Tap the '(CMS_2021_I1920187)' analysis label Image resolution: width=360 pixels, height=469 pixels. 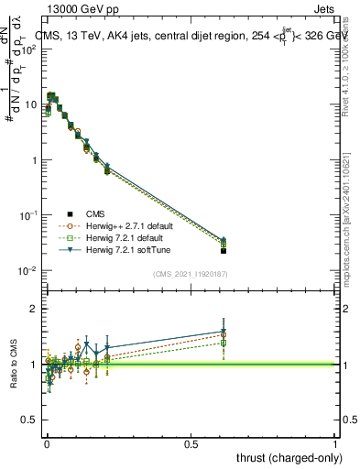click(x=190, y=274)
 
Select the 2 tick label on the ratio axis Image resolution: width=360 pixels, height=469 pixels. click(x=34, y=309)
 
